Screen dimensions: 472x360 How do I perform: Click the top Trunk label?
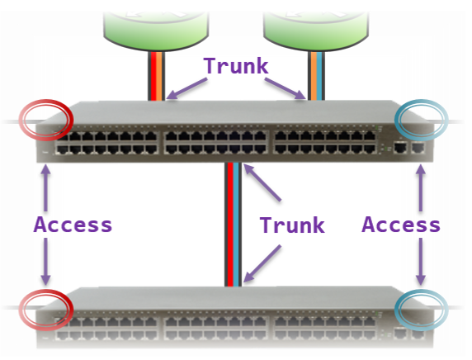pyautogui.click(x=236, y=66)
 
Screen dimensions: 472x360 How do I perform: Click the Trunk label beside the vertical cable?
pyautogui.click(x=292, y=225)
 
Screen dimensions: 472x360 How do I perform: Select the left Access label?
pyautogui.click(x=73, y=225)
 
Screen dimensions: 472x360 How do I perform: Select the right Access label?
pyautogui.click(x=401, y=225)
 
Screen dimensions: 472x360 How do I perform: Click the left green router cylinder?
pyautogui.click(x=156, y=30)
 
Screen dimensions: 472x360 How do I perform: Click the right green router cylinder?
pyautogui.click(x=316, y=30)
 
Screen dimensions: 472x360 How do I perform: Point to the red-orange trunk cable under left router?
pyautogui.click(x=156, y=76)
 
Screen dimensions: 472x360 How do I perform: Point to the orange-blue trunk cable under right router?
pyautogui.click(x=316, y=76)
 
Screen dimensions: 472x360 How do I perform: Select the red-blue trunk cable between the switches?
pyautogui.click(x=233, y=224)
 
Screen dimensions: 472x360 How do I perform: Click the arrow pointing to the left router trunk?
pyautogui.click(x=186, y=88)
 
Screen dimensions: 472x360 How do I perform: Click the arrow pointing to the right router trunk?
pyautogui.click(x=286, y=88)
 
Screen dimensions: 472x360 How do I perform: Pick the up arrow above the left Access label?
pyautogui.click(x=45, y=188)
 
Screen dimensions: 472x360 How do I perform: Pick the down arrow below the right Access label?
pyautogui.click(x=421, y=262)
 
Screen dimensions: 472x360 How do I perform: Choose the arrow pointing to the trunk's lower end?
pyautogui.click(x=262, y=263)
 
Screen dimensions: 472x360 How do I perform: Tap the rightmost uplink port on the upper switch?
pyautogui.click(x=418, y=148)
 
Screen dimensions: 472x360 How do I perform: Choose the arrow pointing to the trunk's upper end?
pyautogui.click(x=262, y=182)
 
